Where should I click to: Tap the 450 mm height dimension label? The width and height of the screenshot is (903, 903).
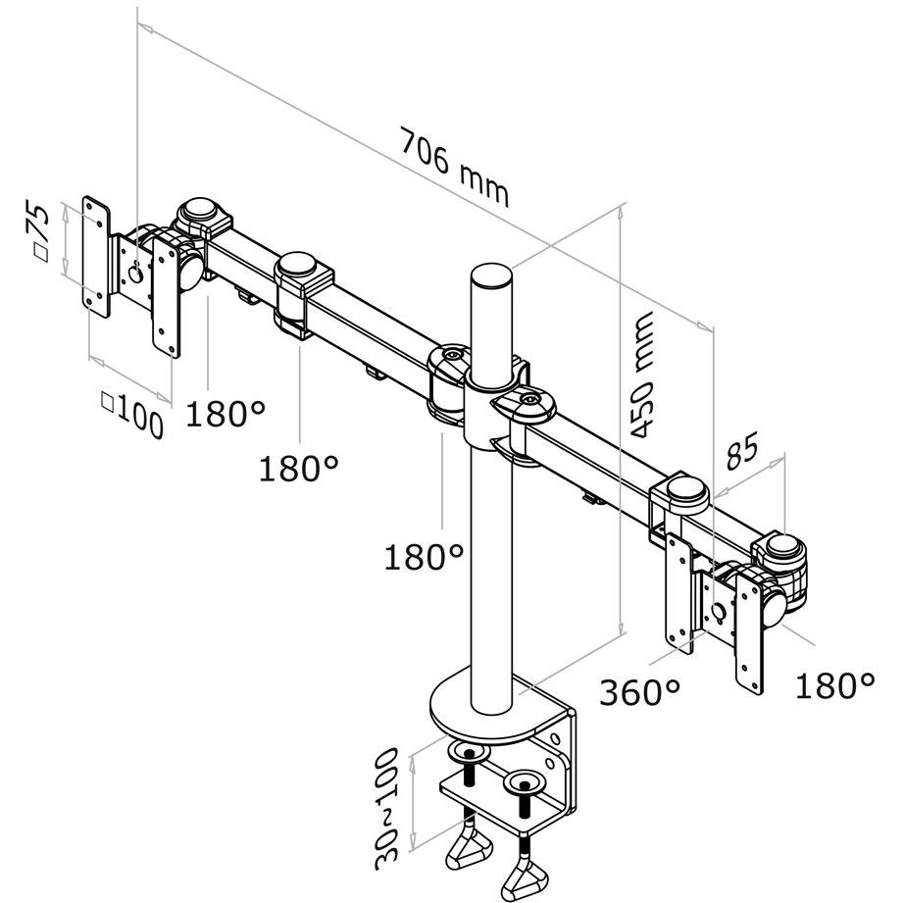tap(641, 375)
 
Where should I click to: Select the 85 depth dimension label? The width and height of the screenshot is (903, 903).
tap(743, 449)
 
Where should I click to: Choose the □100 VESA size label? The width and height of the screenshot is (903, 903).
tap(132, 414)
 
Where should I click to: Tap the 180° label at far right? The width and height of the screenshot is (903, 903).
tap(834, 685)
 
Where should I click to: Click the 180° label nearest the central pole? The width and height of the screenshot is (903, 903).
tap(424, 557)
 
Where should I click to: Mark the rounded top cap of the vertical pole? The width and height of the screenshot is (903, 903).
tap(491, 275)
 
